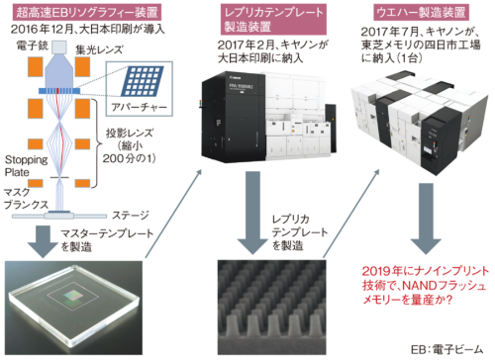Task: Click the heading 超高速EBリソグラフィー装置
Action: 87,13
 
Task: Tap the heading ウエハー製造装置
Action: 421,13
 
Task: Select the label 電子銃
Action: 33,45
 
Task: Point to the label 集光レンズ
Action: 99,49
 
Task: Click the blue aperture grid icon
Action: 142,81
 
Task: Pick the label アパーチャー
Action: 139,107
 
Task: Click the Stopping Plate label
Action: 26,166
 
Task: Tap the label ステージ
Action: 131,216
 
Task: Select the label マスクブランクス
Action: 26,198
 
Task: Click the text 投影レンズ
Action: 130,134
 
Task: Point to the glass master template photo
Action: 73,308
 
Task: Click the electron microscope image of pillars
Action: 271,308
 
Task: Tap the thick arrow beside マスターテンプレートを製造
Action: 43,241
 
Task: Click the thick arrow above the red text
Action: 426,219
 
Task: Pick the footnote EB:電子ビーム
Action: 446,350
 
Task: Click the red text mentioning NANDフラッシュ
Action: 426,285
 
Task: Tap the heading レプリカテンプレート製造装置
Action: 273,20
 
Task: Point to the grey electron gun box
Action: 59,46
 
